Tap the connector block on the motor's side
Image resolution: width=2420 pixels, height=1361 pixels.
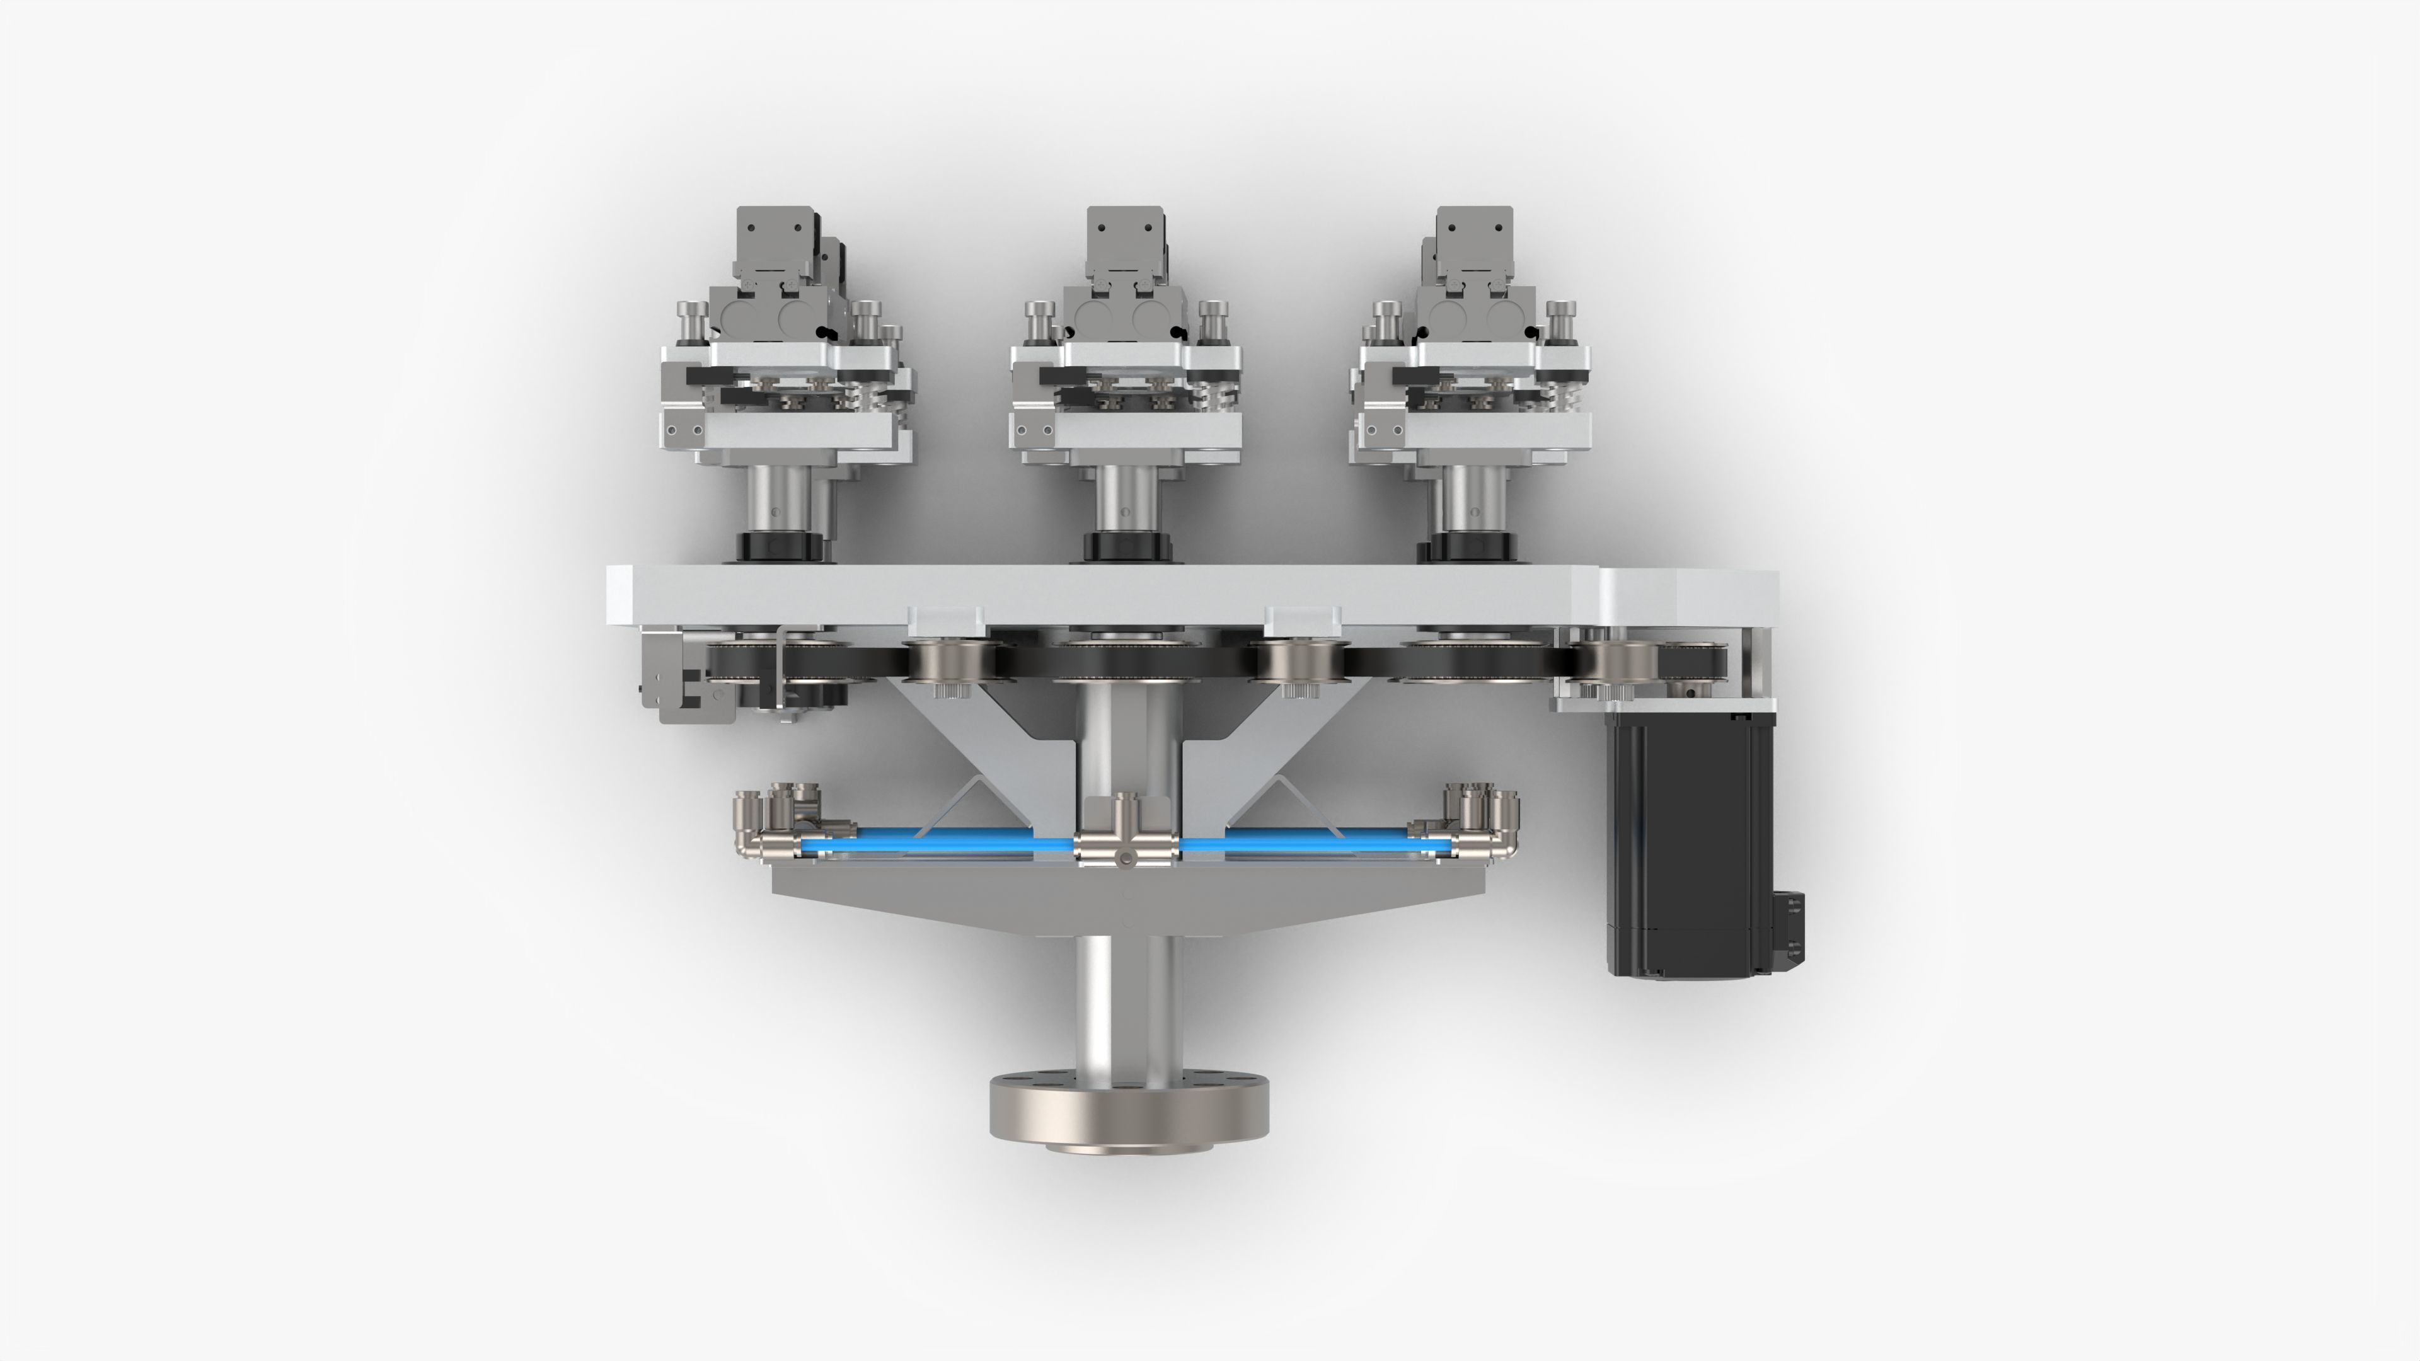(x=1788, y=925)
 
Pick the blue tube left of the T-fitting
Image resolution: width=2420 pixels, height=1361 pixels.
(x=940, y=838)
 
